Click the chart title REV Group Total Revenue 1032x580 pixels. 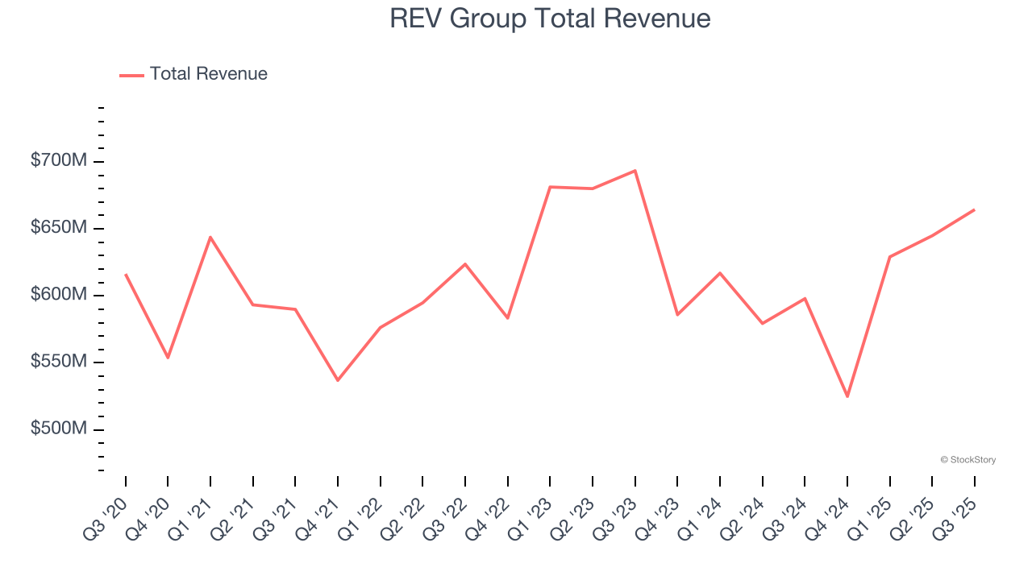pyautogui.click(x=550, y=19)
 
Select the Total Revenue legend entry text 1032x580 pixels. pyautogui.click(x=208, y=74)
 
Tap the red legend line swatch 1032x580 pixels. pyautogui.click(x=131, y=75)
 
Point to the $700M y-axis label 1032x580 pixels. pyautogui.click(x=59, y=161)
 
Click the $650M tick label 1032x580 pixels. pyautogui.click(x=59, y=228)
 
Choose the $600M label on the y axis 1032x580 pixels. pyautogui.click(x=59, y=295)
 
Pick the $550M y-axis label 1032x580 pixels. pyautogui.click(x=59, y=362)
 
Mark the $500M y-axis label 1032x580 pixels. pyautogui.click(x=59, y=429)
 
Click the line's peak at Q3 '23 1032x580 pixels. pyautogui.click(x=635, y=171)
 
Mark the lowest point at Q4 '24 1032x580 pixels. pyautogui.click(x=847, y=396)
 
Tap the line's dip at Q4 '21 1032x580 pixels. pyautogui.click(x=338, y=380)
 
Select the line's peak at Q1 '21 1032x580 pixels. pyautogui.click(x=210, y=237)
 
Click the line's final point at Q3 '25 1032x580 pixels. pyautogui.click(x=974, y=210)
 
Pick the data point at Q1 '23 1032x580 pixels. pyautogui.click(x=550, y=187)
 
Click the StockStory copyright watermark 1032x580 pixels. pyautogui.click(x=967, y=460)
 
